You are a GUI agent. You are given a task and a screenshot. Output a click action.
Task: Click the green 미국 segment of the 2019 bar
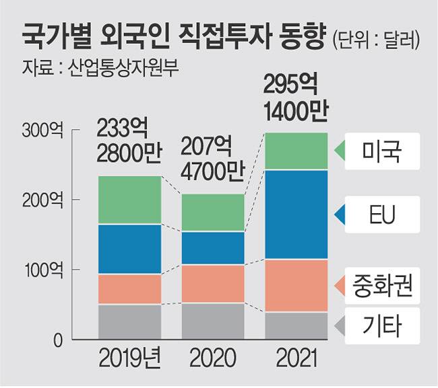coord(130,200)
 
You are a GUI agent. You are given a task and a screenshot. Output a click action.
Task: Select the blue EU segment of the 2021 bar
coord(295,214)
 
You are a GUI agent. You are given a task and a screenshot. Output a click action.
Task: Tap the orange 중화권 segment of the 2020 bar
coord(212,283)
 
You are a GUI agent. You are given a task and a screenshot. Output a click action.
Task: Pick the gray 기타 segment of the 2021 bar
coord(295,325)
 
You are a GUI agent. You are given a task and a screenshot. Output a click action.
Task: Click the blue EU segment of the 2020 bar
coord(212,247)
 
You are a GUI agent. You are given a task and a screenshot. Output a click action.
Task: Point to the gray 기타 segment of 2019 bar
coord(130,321)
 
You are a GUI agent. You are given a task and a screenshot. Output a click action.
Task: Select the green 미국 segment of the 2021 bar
coord(295,151)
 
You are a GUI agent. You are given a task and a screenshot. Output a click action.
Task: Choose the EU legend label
coord(381,215)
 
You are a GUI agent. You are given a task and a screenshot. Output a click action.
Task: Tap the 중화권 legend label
coord(381,287)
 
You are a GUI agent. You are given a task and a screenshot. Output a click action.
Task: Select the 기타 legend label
coord(381,326)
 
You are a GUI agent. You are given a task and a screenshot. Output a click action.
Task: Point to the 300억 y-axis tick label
coord(42,130)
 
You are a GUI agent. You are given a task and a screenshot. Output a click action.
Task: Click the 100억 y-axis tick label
coord(42,270)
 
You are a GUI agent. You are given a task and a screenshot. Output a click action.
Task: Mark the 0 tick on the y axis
coord(58,340)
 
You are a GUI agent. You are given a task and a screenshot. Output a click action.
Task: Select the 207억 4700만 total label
coord(212,159)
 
